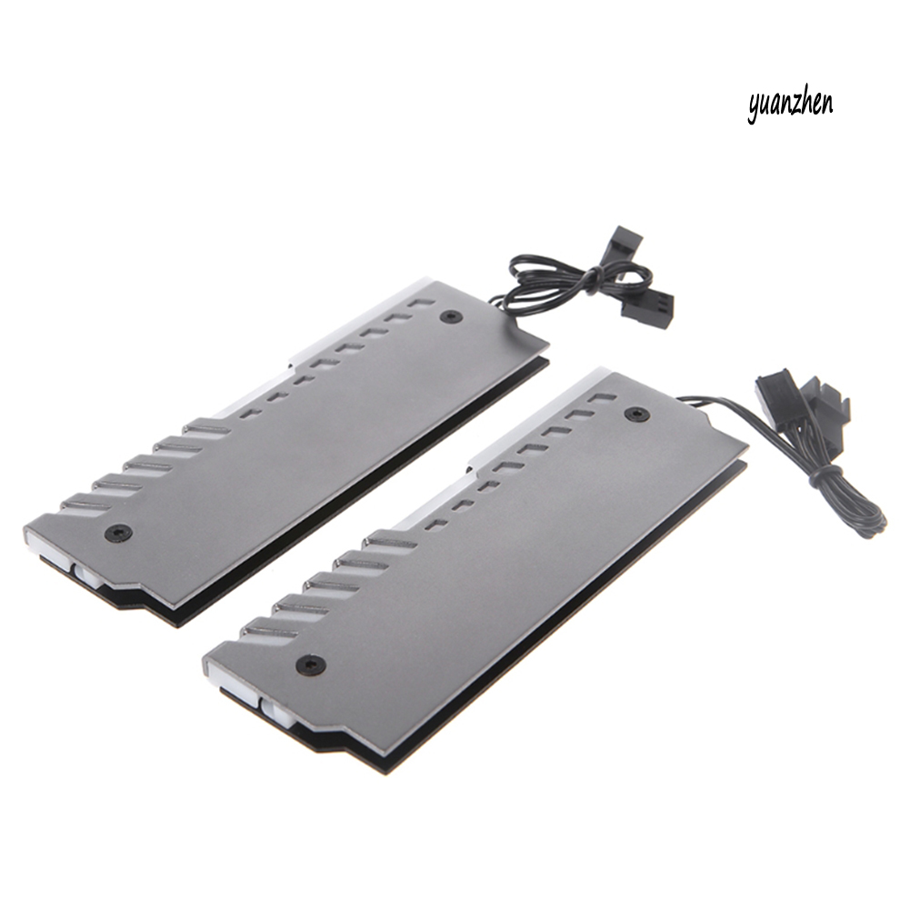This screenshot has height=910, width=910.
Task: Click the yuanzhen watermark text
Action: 790,105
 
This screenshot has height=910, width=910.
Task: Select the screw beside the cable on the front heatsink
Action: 635,415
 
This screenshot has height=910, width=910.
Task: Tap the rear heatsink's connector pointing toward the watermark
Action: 625,238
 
